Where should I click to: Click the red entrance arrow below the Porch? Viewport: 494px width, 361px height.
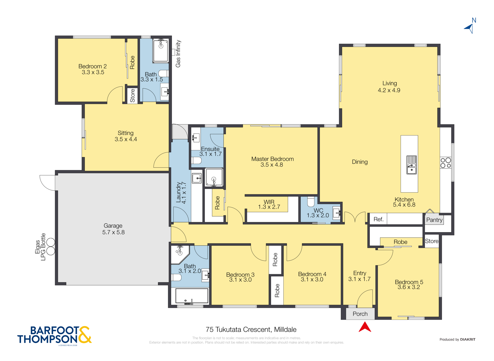(365, 327)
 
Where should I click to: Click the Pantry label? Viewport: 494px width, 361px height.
(434, 220)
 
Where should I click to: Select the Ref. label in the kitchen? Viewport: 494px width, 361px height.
(378, 219)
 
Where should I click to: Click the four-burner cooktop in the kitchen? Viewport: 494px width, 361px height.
(446, 163)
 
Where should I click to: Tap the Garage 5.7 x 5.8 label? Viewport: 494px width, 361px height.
(113, 229)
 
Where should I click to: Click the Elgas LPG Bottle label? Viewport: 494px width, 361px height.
(40, 247)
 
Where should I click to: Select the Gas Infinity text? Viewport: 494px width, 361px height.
(178, 54)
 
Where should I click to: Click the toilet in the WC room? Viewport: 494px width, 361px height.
(311, 202)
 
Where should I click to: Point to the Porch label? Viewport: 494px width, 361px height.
(360, 314)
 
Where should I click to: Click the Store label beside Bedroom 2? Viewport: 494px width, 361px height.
(132, 95)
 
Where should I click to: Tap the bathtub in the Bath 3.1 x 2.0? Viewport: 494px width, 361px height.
(192, 296)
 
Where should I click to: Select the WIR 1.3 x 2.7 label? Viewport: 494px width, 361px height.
(269, 204)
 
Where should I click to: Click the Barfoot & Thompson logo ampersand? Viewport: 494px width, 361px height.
(84, 335)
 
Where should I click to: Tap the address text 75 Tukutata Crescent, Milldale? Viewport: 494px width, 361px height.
(251, 330)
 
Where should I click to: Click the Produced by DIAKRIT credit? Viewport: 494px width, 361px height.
(457, 339)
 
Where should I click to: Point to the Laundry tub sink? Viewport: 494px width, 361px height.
(197, 178)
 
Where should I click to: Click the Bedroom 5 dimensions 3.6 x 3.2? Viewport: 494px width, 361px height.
(409, 287)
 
